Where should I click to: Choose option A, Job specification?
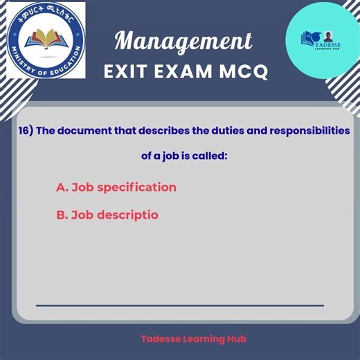[x=116, y=188]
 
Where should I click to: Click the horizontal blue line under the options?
[x=180, y=305]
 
